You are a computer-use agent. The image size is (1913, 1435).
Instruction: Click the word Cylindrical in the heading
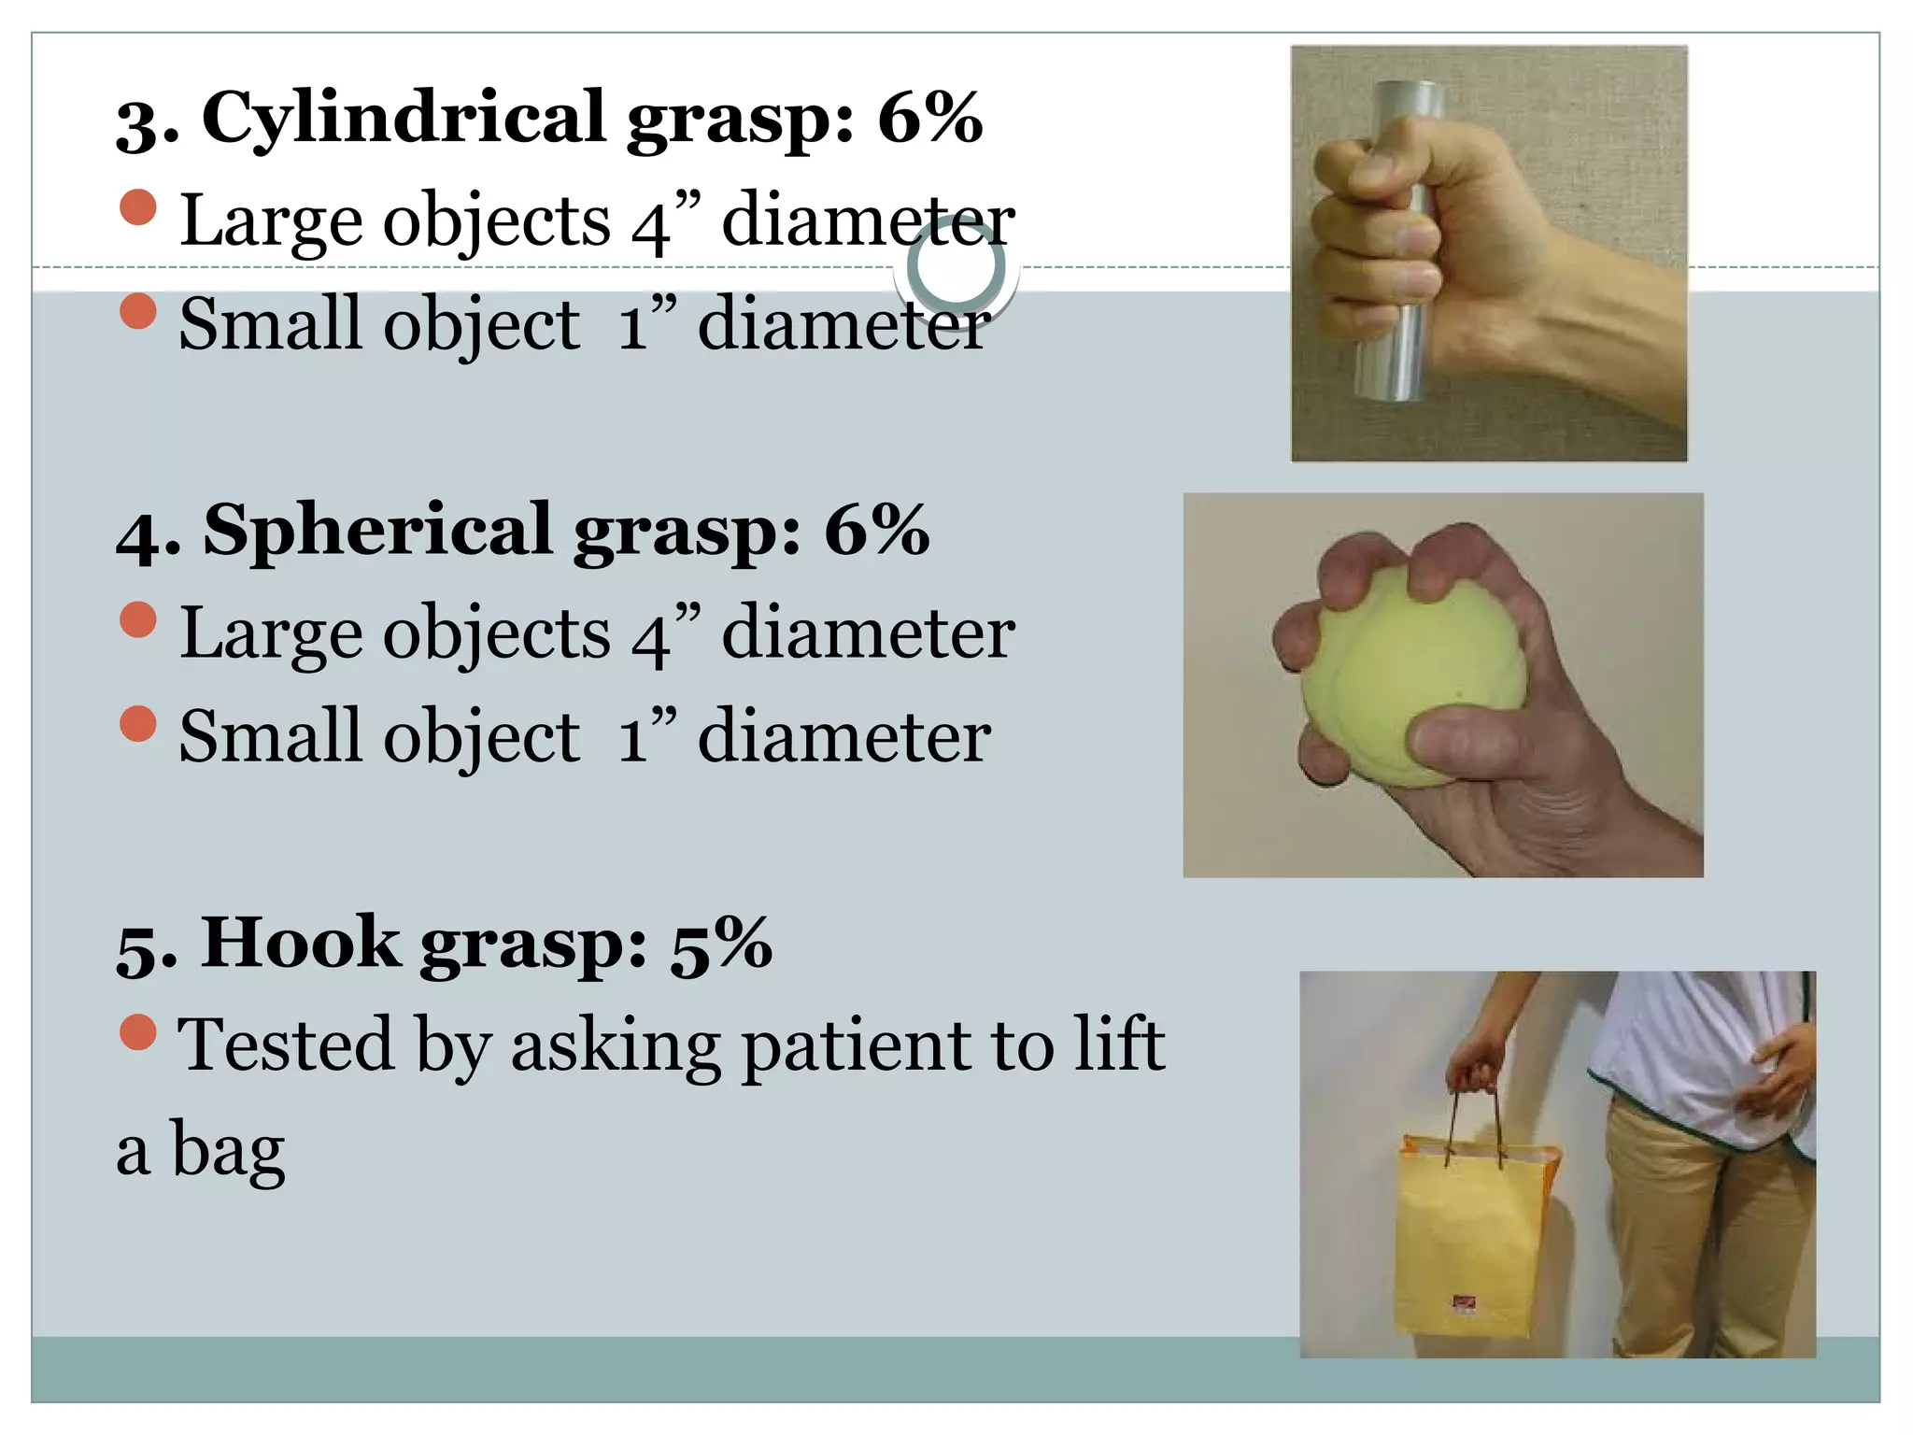tap(404, 120)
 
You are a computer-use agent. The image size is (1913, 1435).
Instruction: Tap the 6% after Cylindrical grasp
tap(929, 118)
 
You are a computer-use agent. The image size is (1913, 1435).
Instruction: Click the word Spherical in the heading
tap(377, 531)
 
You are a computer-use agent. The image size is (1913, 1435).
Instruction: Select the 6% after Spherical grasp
tap(876, 531)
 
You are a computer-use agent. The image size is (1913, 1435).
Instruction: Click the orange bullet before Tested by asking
tap(138, 1031)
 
